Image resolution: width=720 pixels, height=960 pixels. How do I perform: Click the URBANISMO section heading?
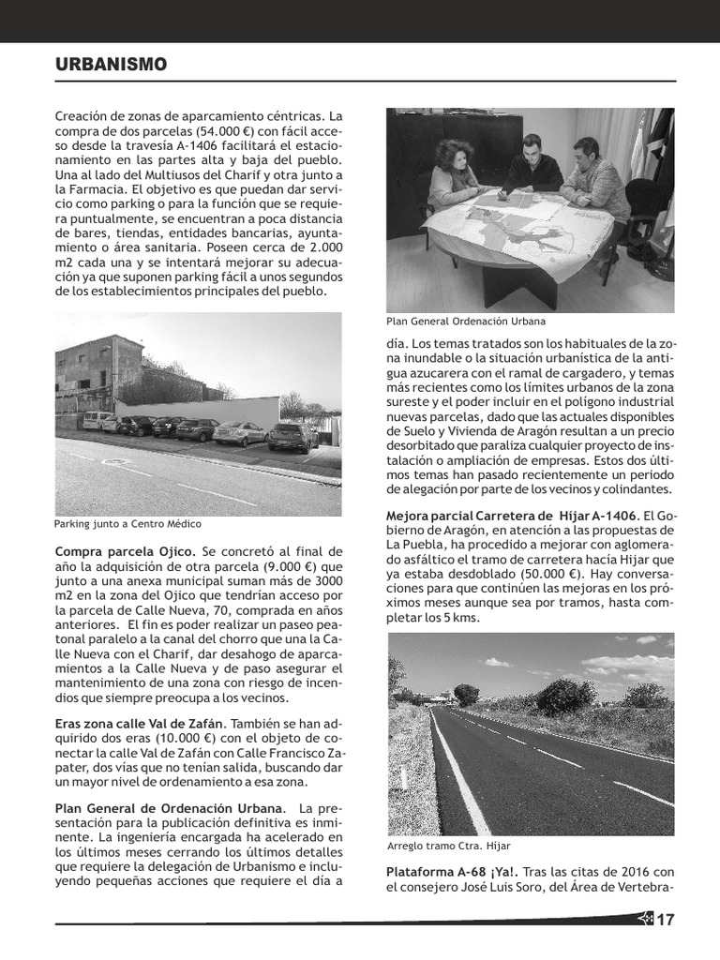111,65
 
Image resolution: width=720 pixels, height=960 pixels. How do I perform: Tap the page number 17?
665,920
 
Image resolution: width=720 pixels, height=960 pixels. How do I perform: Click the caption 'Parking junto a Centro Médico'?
127,524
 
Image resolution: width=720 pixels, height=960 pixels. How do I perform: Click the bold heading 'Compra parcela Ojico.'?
126,551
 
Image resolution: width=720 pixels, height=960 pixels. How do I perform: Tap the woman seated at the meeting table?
454,174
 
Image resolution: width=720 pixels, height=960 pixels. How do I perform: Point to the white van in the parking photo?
97,420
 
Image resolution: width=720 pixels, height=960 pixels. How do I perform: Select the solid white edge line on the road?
458,768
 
